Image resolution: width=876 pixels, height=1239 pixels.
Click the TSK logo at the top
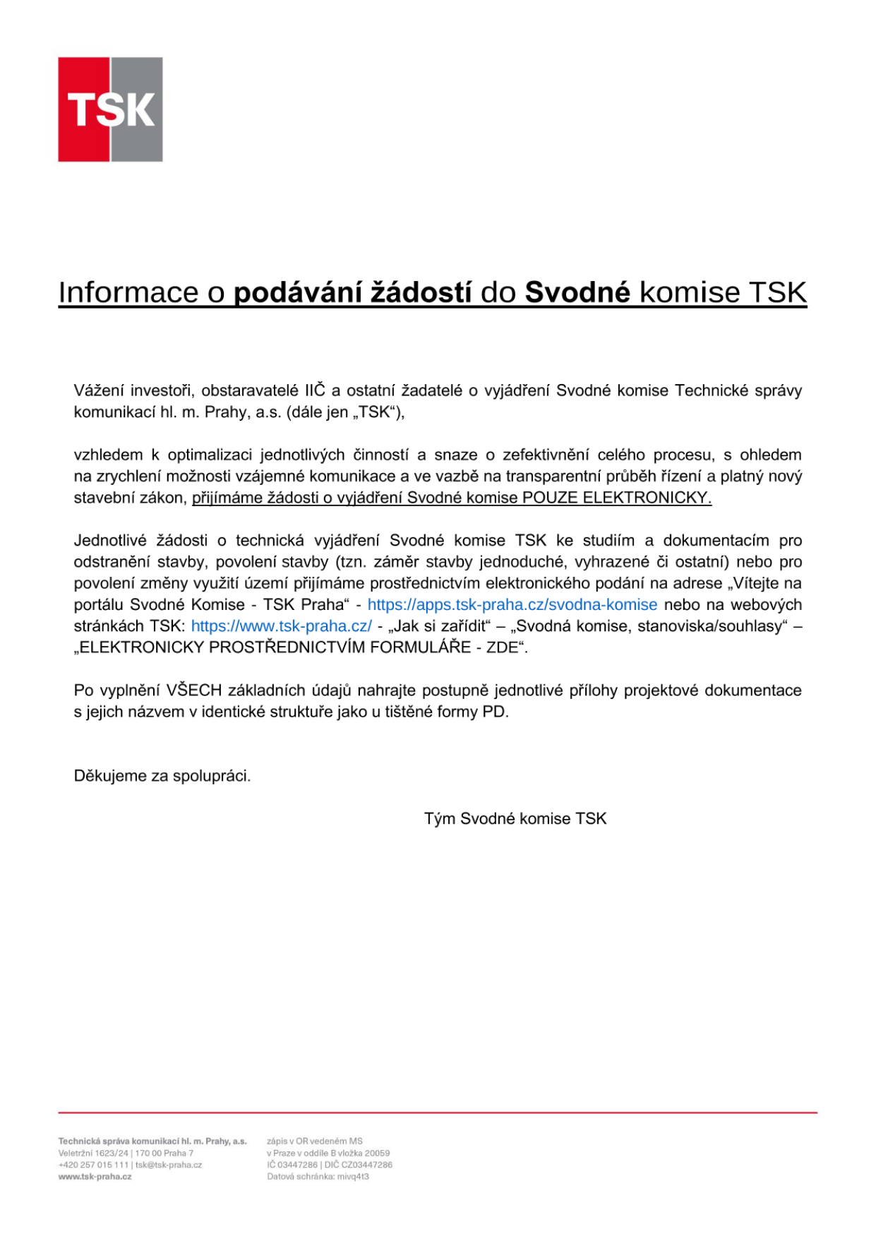[110, 109]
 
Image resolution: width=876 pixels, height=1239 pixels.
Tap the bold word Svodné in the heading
[577, 292]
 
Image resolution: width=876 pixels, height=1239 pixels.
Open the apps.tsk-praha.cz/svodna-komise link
[512, 605]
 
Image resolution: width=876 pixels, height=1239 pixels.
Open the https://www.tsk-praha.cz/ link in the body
[281, 626]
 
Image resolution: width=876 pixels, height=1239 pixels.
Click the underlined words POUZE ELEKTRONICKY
[616, 498]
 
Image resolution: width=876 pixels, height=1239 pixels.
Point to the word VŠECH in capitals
[194, 690]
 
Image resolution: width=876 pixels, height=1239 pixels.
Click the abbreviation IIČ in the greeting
[315, 390]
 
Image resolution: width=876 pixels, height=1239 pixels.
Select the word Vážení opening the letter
[100, 390]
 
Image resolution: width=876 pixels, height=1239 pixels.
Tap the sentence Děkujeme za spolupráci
[162, 776]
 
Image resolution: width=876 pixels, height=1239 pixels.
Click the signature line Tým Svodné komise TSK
[515, 819]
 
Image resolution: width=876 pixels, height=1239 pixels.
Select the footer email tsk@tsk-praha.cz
[169, 1165]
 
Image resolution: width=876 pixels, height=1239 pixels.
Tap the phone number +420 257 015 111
[93, 1165]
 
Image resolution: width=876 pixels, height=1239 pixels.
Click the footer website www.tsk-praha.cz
[95, 1177]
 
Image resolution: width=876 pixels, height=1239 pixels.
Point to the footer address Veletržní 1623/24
[93, 1153]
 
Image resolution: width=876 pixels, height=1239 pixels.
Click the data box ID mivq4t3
[353, 1177]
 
